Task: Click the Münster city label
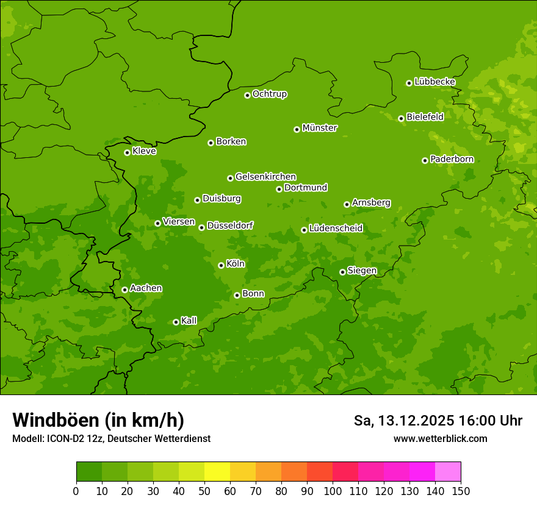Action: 320,128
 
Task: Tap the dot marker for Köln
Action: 221,265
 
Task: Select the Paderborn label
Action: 452,159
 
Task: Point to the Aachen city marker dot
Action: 124,290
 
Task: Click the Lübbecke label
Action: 434,82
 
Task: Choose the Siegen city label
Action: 362,271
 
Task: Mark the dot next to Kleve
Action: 127,152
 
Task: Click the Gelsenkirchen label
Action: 265,177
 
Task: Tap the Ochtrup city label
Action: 269,94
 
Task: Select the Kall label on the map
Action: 189,321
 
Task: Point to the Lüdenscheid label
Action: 336,229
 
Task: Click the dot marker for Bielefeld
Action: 401,118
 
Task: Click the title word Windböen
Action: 56,420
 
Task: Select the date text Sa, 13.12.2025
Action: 403,421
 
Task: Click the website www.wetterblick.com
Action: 440,439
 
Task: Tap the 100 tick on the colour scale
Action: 333,491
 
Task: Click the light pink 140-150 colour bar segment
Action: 448,472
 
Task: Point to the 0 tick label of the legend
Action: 76,491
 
